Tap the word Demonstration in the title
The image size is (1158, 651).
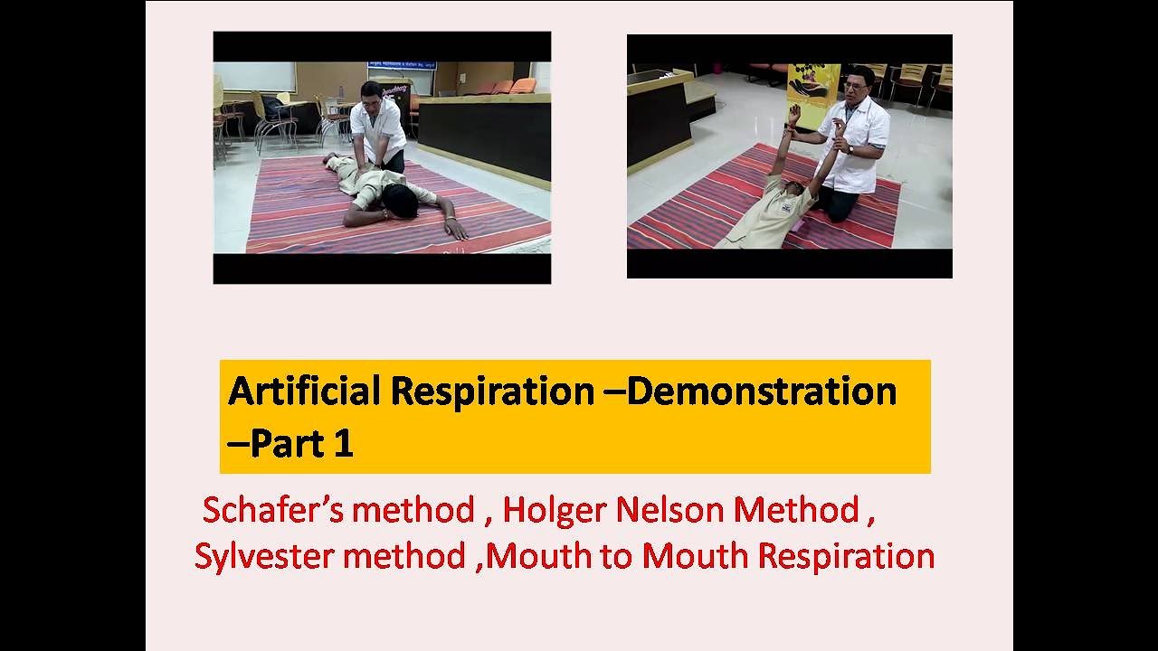click(761, 392)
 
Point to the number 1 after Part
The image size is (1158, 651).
click(343, 445)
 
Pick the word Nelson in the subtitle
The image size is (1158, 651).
click(670, 511)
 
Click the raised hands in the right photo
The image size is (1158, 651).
click(794, 115)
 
